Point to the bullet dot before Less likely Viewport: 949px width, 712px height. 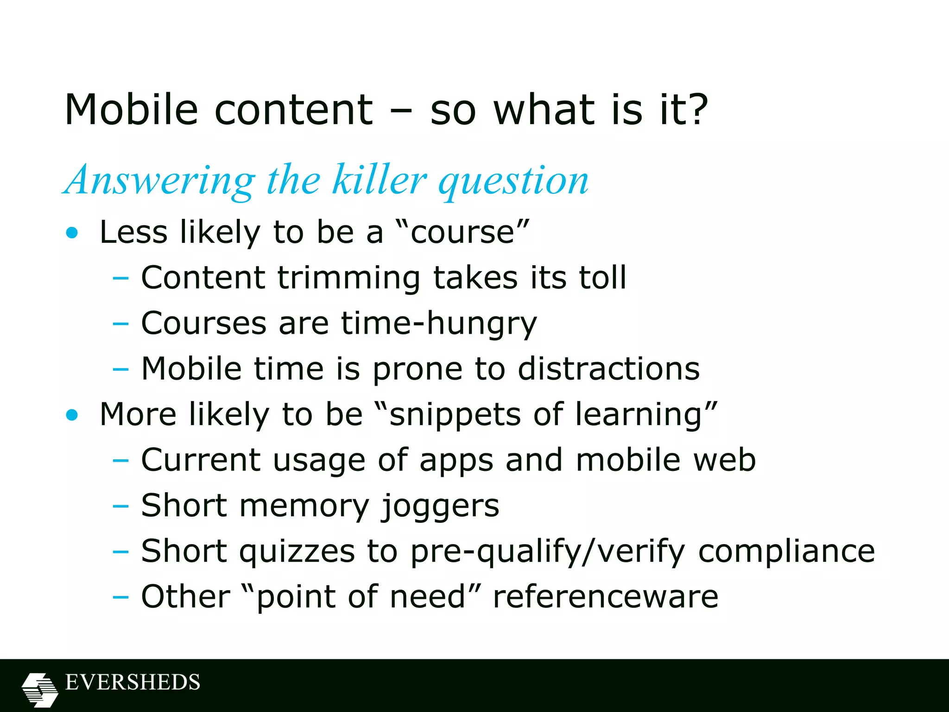click(72, 233)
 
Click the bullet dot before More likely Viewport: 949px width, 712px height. click(72, 415)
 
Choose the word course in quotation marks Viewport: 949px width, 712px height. click(462, 233)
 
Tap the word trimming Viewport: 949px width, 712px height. click(349, 278)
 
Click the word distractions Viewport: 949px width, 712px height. click(608, 369)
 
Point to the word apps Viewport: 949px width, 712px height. click(456, 461)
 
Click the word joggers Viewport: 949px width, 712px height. click(440, 506)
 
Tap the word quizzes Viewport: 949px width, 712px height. click(297, 552)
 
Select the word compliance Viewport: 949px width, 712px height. click(786, 552)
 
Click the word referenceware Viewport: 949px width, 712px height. click(605, 597)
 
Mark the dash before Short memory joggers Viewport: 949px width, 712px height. click(120, 506)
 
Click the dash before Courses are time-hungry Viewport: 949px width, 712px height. click(120, 324)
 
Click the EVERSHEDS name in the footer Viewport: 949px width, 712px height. click(133, 682)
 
